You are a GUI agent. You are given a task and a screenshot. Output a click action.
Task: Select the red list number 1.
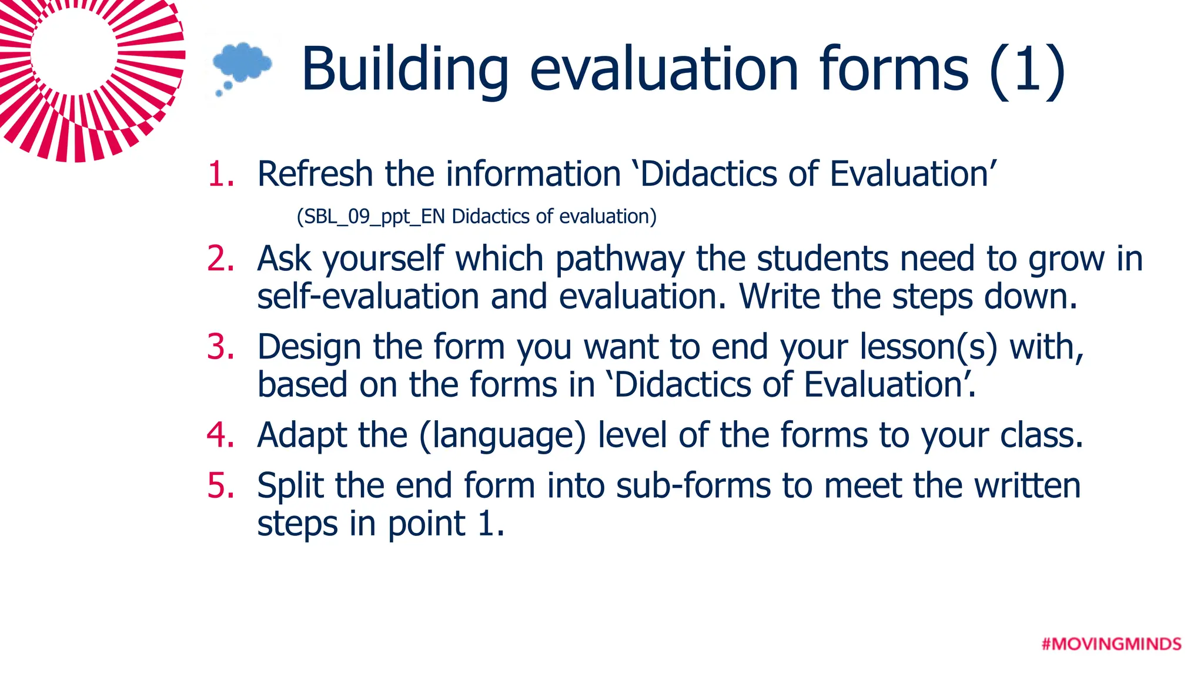click(x=221, y=175)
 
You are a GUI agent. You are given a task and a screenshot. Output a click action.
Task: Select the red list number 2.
click(x=221, y=259)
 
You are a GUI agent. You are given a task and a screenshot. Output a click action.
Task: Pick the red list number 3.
click(x=221, y=347)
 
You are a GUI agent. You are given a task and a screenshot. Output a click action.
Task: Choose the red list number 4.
click(x=221, y=435)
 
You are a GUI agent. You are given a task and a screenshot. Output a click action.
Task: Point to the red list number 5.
click(x=221, y=486)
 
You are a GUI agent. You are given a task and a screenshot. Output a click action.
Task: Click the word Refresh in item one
click(x=315, y=175)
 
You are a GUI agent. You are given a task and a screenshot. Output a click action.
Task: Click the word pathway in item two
click(x=620, y=260)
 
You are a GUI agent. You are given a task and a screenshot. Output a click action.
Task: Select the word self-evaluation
click(x=368, y=296)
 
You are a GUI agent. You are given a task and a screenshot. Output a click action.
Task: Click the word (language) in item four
click(x=503, y=436)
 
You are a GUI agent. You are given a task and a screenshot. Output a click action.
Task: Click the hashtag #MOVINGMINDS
click(x=1111, y=644)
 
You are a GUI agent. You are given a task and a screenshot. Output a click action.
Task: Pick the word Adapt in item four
click(x=302, y=436)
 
